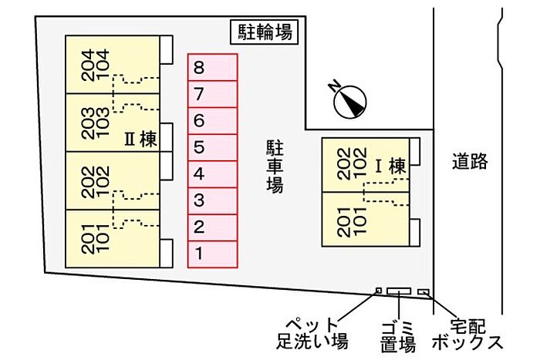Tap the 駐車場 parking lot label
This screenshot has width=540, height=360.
tap(274, 166)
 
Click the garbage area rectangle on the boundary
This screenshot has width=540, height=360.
tap(400, 291)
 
